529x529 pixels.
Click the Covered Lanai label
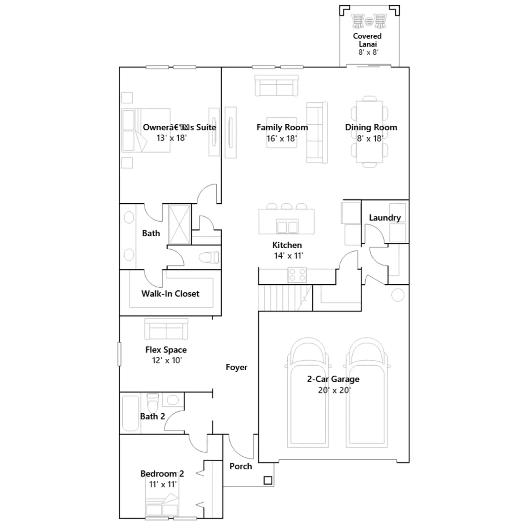pyautogui.click(x=367, y=40)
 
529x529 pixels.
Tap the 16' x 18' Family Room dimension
pyautogui.click(x=282, y=139)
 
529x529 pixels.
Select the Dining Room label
pyautogui.click(x=371, y=127)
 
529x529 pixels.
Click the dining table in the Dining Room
pyautogui.click(x=369, y=132)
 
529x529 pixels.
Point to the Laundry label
pyautogui.click(x=385, y=218)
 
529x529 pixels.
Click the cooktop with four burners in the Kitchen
pyautogui.click(x=297, y=275)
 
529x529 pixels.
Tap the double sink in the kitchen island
pyautogui.click(x=287, y=227)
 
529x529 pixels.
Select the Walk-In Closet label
pyautogui.click(x=170, y=294)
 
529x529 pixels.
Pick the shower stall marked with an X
pyautogui.click(x=180, y=224)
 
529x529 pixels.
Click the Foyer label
pyautogui.click(x=236, y=367)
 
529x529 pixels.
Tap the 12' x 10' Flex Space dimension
pyautogui.click(x=167, y=360)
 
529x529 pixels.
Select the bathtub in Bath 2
pyautogui.click(x=130, y=413)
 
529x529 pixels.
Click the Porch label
pyautogui.click(x=241, y=466)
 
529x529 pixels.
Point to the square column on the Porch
pyautogui.click(x=268, y=480)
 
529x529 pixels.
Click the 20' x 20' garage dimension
pyautogui.click(x=334, y=390)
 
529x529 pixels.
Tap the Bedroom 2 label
pyautogui.click(x=162, y=473)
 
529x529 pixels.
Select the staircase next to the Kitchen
pyautogui.click(x=285, y=298)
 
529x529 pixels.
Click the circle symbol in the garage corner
pyautogui.click(x=398, y=295)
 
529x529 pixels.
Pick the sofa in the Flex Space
pyautogui.click(x=166, y=329)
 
